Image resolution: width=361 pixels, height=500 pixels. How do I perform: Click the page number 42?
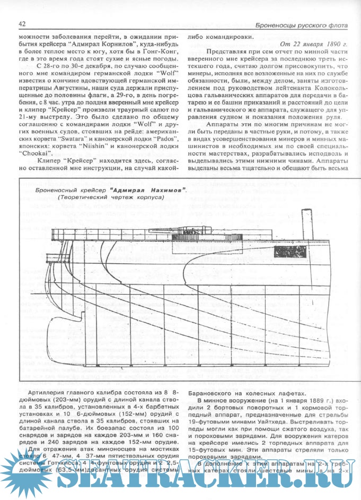click(x=22, y=24)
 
